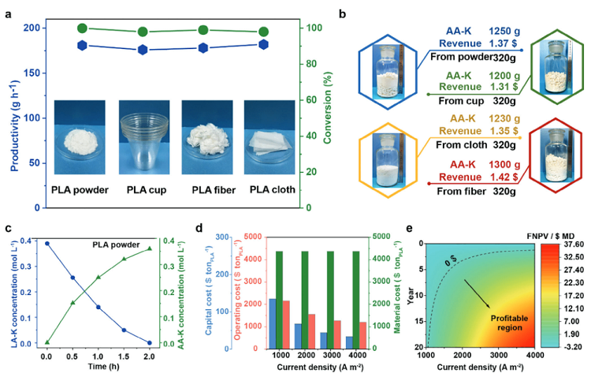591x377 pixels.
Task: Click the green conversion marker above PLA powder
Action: (82, 28)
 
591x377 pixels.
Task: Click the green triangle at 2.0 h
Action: (150, 248)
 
